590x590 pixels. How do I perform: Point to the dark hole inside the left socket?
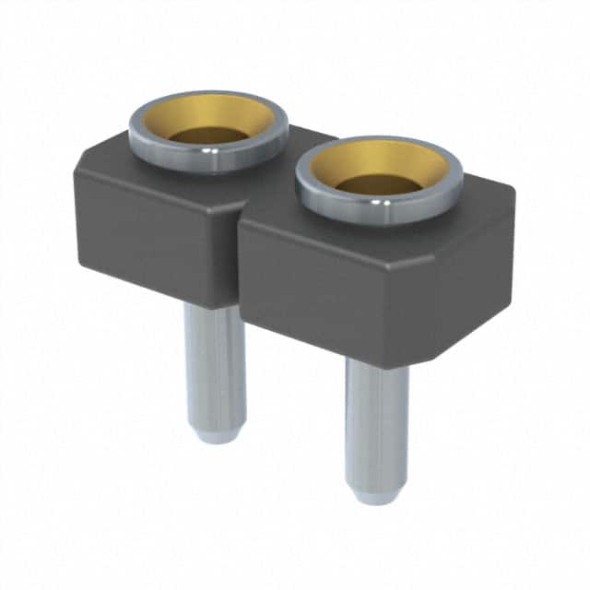click(209, 136)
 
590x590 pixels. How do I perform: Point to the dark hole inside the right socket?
click(379, 184)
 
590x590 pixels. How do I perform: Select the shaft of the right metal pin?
click(376, 424)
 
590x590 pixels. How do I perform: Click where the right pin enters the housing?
click(376, 361)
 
